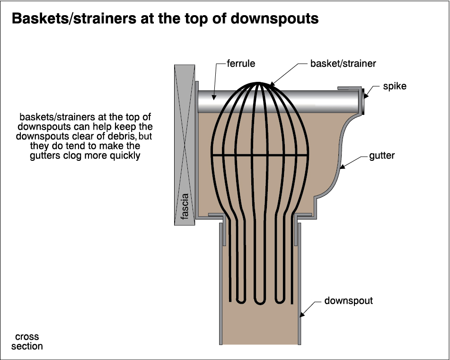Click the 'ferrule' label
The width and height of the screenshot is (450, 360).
[241, 63]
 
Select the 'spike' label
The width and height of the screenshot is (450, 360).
[395, 87]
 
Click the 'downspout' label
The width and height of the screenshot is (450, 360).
[348, 301]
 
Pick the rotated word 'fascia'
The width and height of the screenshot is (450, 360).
[185, 206]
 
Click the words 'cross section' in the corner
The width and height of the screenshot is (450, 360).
[27, 342]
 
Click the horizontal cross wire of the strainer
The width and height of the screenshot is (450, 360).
[259, 155]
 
